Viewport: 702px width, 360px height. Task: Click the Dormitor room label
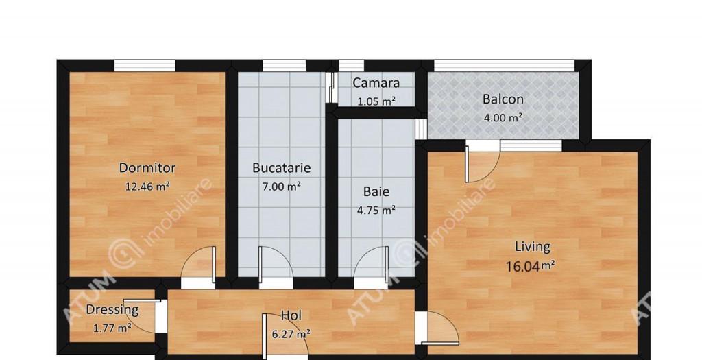pos(147,168)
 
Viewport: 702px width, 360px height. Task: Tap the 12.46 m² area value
pos(147,186)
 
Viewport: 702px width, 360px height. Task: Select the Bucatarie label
pos(282,167)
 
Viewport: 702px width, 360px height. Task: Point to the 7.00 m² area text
pos(282,186)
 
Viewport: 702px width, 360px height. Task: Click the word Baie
pos(376,192)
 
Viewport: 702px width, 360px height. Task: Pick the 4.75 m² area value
pos(376,211)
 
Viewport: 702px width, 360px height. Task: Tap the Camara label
pos(376,84)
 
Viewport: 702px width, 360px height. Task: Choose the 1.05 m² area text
pos(376,101)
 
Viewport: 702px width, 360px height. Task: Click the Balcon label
pos(503,99)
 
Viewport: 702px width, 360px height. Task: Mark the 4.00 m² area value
pos(503,117)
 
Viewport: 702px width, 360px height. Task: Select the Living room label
pos(533,247)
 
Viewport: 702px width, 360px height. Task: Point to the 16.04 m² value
pos(533,265)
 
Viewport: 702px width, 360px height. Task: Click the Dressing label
pos(112,310)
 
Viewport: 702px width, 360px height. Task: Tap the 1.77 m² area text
pos(112,328)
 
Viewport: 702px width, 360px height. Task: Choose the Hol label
pos(291,316)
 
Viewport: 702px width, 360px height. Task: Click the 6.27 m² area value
pos(291,334)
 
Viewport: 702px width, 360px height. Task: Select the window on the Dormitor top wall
pos(145,66)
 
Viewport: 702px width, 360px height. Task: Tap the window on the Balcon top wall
pos(504,66)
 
